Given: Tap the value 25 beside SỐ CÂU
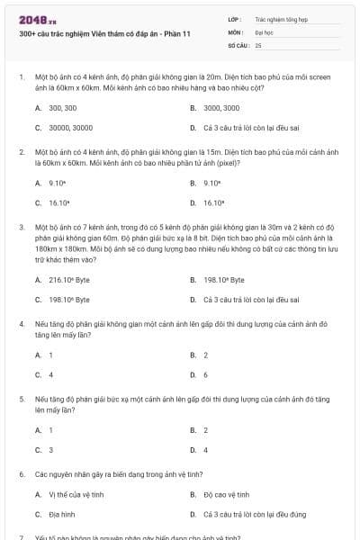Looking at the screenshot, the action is (258, 44).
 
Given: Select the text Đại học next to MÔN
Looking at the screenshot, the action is (262, 31).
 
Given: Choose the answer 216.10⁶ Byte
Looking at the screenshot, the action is (68, 280).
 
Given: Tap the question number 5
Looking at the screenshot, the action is (21, 397).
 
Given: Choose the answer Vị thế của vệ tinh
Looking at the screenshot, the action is (73, 494).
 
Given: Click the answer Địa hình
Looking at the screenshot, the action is (60, 514).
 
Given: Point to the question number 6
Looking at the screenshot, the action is (21, 472).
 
